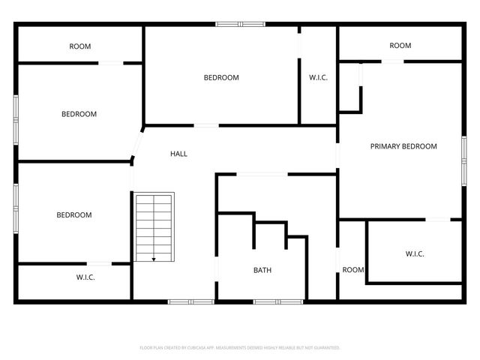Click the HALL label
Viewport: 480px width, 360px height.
[x=178, y=154]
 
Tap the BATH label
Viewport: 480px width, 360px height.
[x=262, y=270]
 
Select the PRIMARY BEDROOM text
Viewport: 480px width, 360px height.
[x=403, y=146]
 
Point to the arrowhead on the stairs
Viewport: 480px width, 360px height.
[x=154, y=259]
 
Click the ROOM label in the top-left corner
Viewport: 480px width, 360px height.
[x=80, y=46]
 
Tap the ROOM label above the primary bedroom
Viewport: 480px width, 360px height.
[x=400, y=46]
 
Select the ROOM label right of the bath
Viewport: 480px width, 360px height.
[x=352, y=270]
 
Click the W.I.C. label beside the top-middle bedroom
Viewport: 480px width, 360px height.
[x=318, y=77]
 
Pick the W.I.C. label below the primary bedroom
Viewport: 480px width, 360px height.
[x=415, y=254]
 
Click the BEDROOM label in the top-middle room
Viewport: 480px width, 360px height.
[x=221, y=77]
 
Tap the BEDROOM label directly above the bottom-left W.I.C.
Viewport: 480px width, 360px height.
[x=74, y=215]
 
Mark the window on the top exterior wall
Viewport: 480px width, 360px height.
[x=240, y=24]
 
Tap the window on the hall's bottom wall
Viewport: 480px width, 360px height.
[x=181, y=301]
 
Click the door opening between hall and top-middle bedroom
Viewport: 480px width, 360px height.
[x=206, y=125]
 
